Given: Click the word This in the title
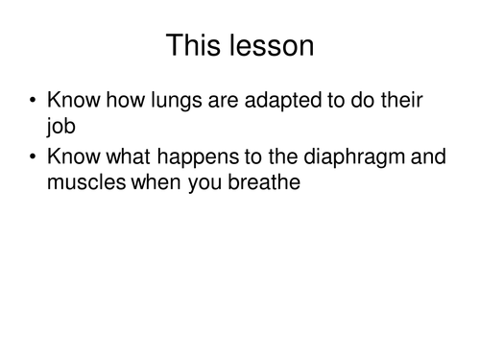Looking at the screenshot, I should click(x=195, y=45).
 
